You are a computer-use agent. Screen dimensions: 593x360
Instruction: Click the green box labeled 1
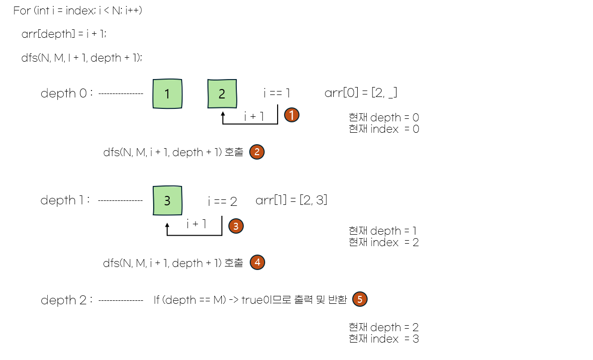pyautogui.click(x=167, y=93)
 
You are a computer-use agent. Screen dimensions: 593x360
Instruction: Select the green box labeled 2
pyautogui.click(x=222, y=93)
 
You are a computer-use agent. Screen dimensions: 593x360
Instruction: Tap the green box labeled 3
pyautogui.click(x=167, y=200)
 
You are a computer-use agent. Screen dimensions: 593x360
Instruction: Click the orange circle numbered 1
pyautogui.click(x=292, y=115)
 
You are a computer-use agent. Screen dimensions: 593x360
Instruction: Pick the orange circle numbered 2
pyautogui.click(x=257, y=152)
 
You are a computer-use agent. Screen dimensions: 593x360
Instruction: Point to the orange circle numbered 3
pyautogui.click(x=236, y=226)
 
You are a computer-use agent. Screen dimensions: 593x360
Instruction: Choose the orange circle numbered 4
pyautogui.click(x=257, y=262)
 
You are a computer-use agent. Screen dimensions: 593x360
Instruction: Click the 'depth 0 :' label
pyautogui.click(x=67, y=93)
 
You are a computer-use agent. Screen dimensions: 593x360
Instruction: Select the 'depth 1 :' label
pyautogui.click(x=66, y=200)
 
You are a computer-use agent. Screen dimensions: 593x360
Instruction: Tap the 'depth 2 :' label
pyautogui.click(x=67, y=300)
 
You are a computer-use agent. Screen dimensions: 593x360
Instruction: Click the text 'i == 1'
pyautogui.click(x=277, y=93)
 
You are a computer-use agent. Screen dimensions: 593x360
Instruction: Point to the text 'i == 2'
pyautogui.click(x=222, y=201)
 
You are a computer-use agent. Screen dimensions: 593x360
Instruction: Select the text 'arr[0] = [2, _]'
pyautogui.click(x=361, y=93)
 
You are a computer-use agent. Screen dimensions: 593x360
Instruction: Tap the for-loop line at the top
pyautogui.click(x=78, y=10)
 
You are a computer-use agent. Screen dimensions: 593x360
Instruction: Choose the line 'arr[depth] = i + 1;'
pyautogui.click(x=64, y=34)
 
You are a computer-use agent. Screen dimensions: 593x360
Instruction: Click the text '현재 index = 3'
pyautogui.click(x=384, y=339)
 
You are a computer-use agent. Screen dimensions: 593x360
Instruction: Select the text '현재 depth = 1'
pyautogui.click(x=383, y=231)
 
